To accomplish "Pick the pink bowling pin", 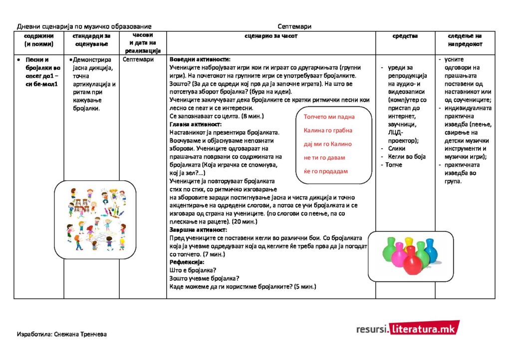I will click(x=399, y=255).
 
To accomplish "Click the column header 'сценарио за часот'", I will click(x=271, y=36).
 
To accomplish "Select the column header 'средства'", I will click(x=405, y=36).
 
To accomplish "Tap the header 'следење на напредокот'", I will click(x=465, y=40).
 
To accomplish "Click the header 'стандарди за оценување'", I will click(x=91, y=40).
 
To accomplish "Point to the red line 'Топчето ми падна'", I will click(x=329, y=117).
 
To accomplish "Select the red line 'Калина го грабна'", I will click(x=328, y=130).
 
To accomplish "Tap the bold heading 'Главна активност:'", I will click(x=196, y=124).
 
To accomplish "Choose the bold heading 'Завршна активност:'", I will click(x=198, y=230).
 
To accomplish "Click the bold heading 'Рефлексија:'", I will click(x=187, y=262).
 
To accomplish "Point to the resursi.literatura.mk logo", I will click(x=408, y=329).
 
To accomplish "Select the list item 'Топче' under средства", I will click(x=393, y=165).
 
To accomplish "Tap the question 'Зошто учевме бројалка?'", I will click(x=204, y=279).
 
